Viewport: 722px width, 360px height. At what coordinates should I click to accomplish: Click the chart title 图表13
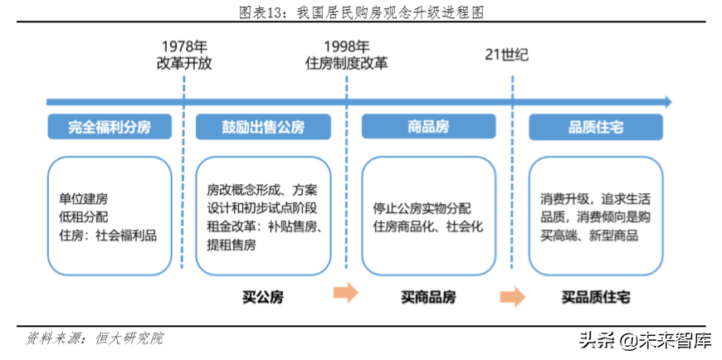point(361,12)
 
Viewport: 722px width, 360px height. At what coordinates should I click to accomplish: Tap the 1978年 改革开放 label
point(183,55)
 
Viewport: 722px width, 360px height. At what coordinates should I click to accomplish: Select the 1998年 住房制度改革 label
point(346,55)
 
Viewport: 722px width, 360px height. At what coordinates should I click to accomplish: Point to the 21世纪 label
point(506,56)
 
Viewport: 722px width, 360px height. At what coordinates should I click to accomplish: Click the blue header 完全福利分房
point(110,127)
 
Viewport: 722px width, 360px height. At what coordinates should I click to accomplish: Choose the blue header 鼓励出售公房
point(263,127)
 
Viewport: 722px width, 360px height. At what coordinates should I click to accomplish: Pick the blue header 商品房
point(428,127)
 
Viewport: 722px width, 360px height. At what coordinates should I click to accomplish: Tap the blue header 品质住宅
point(595,127)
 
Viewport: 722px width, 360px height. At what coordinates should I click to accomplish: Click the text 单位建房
point(83,199)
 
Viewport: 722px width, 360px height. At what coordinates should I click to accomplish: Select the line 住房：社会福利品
point(107,235)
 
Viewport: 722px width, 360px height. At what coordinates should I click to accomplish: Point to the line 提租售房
point(232,245)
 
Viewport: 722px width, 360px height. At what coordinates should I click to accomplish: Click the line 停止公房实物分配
point(422,208)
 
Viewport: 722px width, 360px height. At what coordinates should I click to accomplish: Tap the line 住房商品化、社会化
point(427,226)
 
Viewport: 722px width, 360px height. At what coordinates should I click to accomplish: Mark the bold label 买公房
point(263,296)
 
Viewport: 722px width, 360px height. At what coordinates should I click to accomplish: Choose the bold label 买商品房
point(428,296)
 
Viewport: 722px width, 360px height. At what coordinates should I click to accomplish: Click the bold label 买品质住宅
point(595,296)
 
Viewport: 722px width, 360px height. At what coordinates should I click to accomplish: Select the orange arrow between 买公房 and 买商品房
point(345,293)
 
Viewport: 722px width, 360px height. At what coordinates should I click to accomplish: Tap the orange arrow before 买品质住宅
point(512,296)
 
